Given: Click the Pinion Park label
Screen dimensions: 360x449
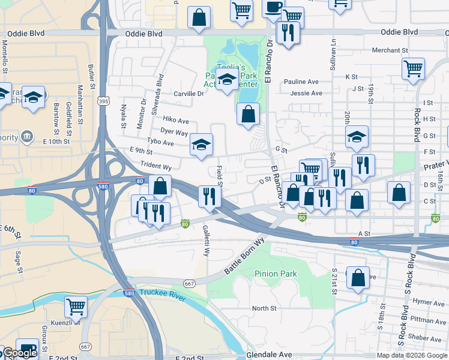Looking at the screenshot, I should (276, 274).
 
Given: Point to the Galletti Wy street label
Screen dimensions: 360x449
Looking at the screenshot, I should (206, 241).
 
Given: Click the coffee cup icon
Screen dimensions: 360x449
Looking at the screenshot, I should (274, 8).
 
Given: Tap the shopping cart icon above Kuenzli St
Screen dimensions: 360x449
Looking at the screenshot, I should (76, 307).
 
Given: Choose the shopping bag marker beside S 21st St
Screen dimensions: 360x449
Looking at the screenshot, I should (358, 278).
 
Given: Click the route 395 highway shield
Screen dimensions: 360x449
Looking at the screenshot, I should (104, 102).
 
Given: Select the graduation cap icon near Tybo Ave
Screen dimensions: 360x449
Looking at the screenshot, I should (202, 143).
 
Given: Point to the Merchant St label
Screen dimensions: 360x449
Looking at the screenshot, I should (390, 50).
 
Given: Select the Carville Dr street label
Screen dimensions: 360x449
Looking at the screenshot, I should (188, 94).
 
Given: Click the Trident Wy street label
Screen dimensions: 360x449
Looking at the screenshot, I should (156, 165).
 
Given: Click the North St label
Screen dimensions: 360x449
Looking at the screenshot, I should (264, 308).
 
